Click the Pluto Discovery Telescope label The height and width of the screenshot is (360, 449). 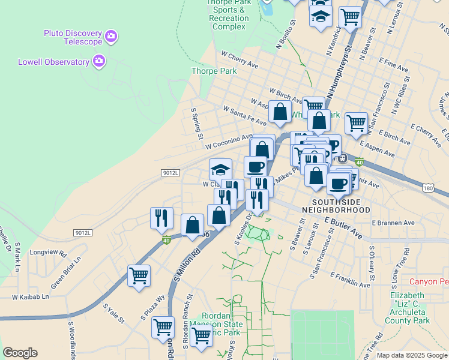click(73, 37)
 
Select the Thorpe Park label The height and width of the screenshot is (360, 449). click(214, 71)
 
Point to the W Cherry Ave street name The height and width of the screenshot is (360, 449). click(240, 59)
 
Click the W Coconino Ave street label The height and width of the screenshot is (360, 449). click(229, 142)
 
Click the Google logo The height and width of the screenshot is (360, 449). click(20, 353)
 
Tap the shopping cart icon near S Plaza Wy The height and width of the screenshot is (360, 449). click(139, 276)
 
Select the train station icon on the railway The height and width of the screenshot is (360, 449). click(343, 158)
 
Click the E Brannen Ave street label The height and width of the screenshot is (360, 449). click(393, 223)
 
